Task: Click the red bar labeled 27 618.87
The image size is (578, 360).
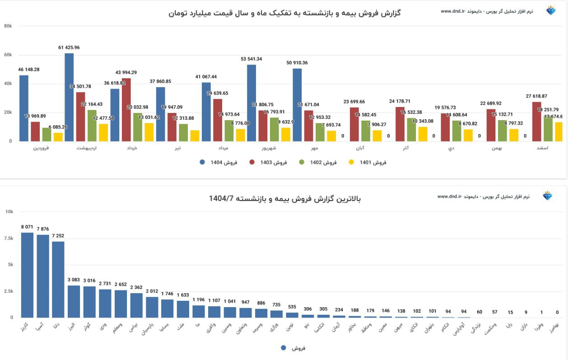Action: coord(536,122)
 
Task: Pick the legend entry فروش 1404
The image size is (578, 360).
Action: coord(219,162)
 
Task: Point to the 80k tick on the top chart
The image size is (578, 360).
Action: coord(8,26)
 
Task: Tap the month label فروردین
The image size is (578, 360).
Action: coord(42,148)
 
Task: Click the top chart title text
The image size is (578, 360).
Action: coord(284,13)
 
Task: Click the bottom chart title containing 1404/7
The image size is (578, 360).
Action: coord(285,198)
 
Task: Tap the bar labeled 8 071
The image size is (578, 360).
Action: coord(27,275)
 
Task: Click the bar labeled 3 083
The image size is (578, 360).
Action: coord(74,301)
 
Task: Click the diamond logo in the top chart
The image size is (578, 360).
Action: coord(551,11)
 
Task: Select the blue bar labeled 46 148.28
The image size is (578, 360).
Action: coord(24,108)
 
